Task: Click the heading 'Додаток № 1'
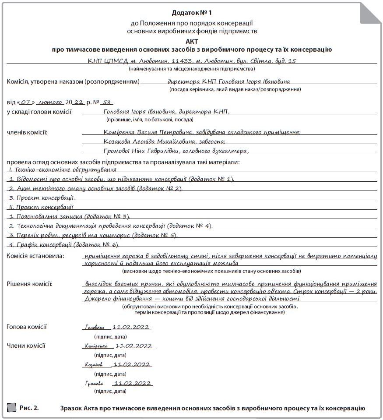[x=191, y=12]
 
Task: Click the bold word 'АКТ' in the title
[x=192, y=41]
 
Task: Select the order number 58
[x=108, y=102]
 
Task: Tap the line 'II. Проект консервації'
[x=41, y=207]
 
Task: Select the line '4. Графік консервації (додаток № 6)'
[x=64, y=244]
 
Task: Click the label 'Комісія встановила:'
[x=35, y=255]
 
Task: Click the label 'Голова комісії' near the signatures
[x=27, y=327]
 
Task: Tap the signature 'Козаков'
[x=94, y=365]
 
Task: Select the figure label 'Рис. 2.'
[x=29, y=408]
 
